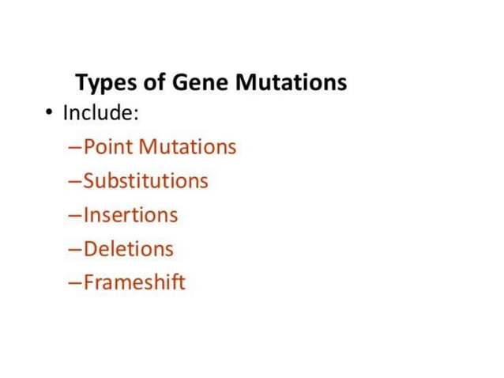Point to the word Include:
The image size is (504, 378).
[x=101, y=113]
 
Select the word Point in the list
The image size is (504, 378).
[x=108, y=147]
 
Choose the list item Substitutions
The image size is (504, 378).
[x=145, y=181]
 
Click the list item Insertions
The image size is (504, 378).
[x=130, y=215]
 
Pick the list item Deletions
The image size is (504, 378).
[x=128, y=249]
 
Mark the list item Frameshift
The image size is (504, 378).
[x=134, y=282]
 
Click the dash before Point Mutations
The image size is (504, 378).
[x=75, y=148]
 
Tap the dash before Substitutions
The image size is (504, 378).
[x=75, y=182]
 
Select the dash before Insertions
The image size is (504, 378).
[x=75, y=216]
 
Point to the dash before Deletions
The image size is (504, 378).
[x=75, y=250]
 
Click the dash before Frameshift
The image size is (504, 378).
[x=75, y=283]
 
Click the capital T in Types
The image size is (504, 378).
[x=81, y=82]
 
